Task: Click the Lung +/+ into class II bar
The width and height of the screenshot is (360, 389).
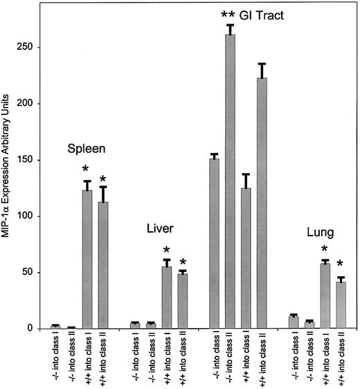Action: (x=341, y=305)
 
